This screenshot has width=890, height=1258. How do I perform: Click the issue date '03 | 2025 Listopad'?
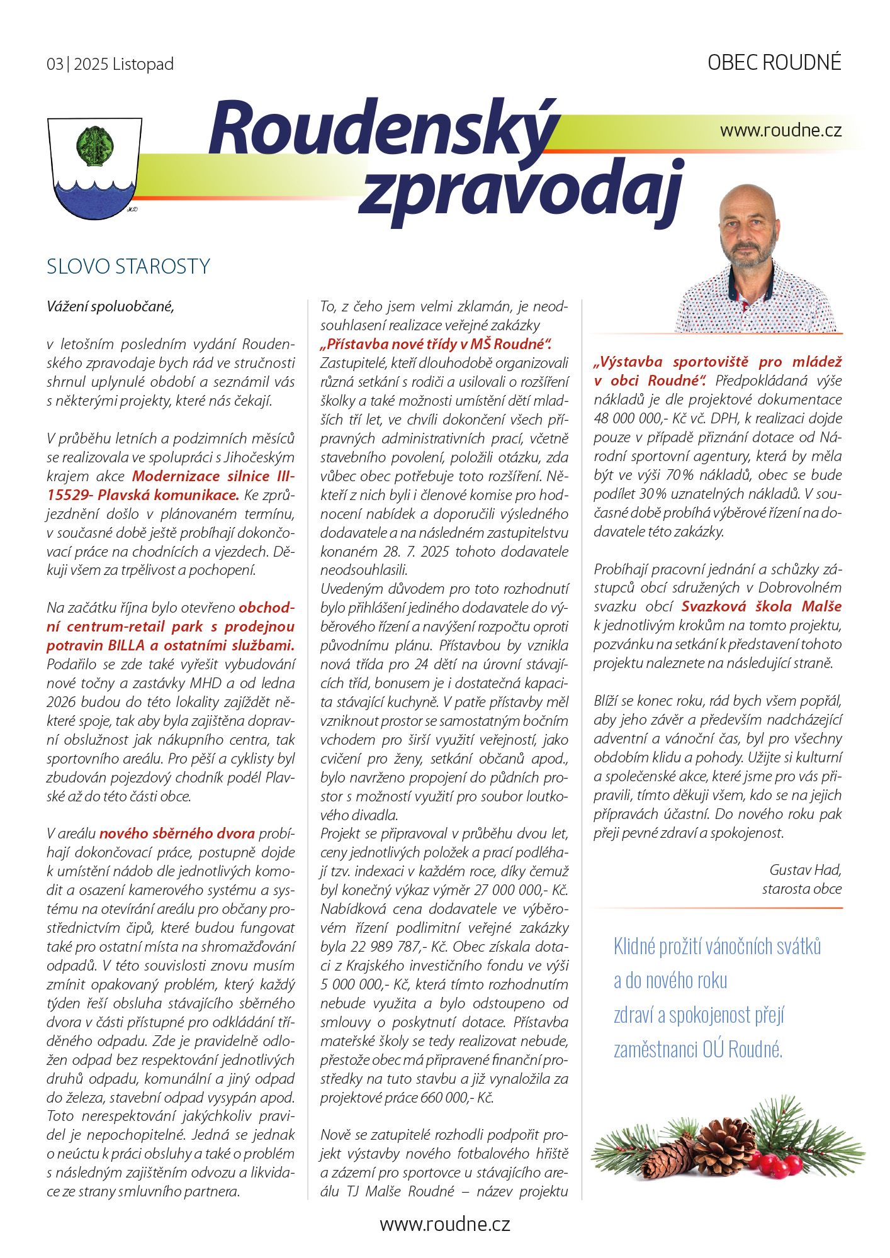click(x=110, y=64)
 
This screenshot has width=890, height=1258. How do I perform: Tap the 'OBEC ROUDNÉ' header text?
click(x=774, y=63)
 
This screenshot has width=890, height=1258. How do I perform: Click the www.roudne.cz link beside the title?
click(x=780, y=130)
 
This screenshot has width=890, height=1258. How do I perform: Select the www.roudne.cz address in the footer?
click(x=444, y=1224)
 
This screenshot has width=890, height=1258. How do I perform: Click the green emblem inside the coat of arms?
click(x=94, y=146)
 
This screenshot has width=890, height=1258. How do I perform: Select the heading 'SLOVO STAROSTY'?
click(x=128, y=267)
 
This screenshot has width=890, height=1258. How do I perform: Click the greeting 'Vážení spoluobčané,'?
click(x=110, y=306)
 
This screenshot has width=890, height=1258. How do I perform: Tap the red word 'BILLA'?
click(x=127, y=645)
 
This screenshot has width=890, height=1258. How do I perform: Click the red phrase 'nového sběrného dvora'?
click(x=177, y=833)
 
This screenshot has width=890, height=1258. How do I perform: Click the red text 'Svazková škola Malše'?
click(x=762, y=606)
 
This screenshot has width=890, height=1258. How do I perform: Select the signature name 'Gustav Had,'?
click(x=805, y=870)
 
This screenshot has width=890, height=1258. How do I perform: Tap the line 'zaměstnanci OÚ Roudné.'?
click(x=698, y=1049)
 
